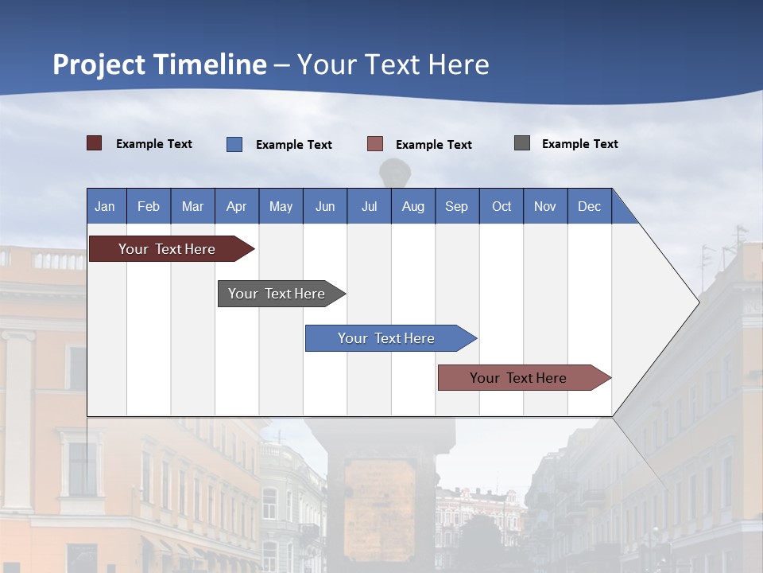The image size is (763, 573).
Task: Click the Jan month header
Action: click(x=106, y=206)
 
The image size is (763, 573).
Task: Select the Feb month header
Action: click(x=149, y=206)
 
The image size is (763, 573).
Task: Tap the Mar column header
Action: click(x=192, y=206)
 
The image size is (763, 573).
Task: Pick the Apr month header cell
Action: click(x=237, y=206)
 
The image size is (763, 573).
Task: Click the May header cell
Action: click(x=281, y=206)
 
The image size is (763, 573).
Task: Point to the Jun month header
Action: click(x=325, y=206)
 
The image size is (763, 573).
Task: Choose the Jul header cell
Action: click(x=369, y=206)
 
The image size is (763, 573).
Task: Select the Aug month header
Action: click(x=413, y=206)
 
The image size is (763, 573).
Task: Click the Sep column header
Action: click(x=457, y=206)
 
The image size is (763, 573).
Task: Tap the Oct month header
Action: click(x=502, y=206)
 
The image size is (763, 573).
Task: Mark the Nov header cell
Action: click(x=545, y=206)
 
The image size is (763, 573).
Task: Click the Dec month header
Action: click(x=590, y=206)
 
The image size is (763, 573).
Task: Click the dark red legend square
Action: click(x=95, y=143)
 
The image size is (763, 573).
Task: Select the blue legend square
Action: click(x=234, y=144)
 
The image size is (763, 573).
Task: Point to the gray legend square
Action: click(x=522, y=143)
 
